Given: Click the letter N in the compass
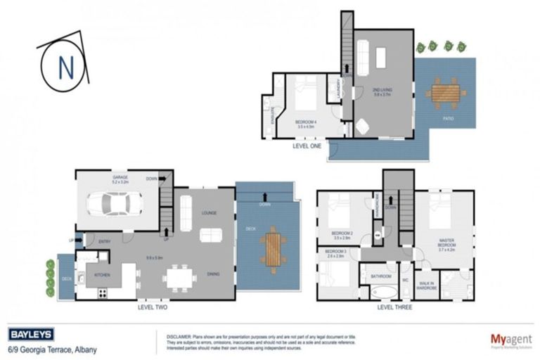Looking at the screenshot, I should click(65, 68).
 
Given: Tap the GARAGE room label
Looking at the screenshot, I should click(122, 178).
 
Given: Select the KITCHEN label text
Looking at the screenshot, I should click(102, 275).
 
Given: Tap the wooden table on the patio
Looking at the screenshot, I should click(446, 92).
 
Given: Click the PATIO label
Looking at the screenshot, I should click(448, 118).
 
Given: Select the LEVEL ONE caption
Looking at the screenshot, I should click(307, 146).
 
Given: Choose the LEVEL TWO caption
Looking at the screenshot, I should click(152, 307).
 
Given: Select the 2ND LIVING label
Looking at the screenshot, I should click(382, 91).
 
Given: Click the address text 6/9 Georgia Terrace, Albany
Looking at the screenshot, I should click(52, 349).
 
